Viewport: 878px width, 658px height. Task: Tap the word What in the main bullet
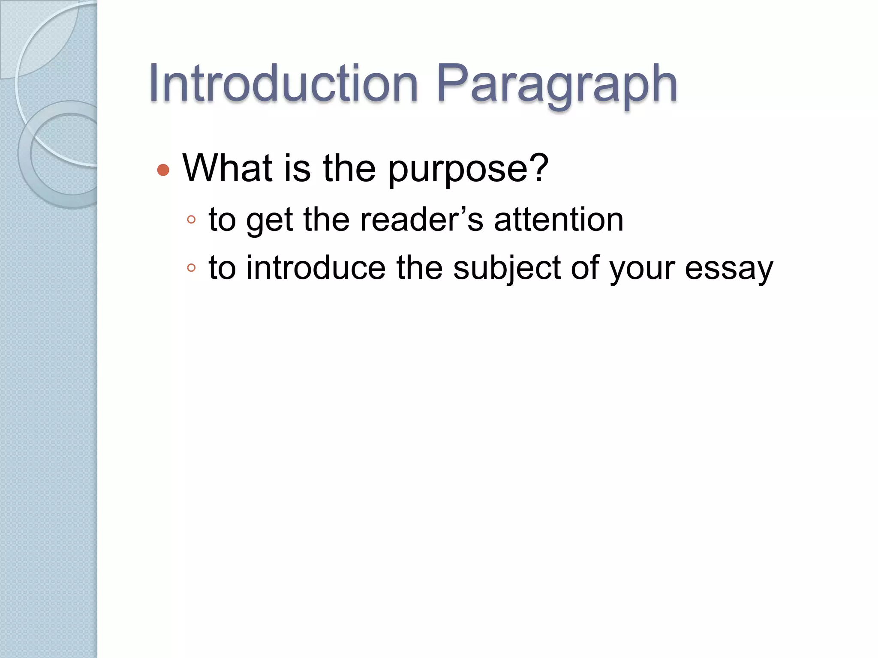click(x=228, y=168)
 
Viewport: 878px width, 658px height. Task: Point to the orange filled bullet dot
click(x=163, y=170)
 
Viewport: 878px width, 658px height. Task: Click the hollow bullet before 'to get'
click(x=191, y=220)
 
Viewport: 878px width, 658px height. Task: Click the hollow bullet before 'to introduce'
click(x=191, y=268)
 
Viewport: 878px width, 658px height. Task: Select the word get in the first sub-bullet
click(x=269, y=221)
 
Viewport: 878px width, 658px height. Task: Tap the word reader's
click(x=421, y=219)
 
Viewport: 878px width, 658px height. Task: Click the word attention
click(x=559, y=219)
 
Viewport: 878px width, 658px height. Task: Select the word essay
click(x=729, y=270)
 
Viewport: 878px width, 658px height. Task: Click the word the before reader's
click(x=326, y=219)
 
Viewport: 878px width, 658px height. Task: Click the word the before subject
click(x=419, y=268)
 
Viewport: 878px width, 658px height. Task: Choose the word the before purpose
click(x=349, y=168)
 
